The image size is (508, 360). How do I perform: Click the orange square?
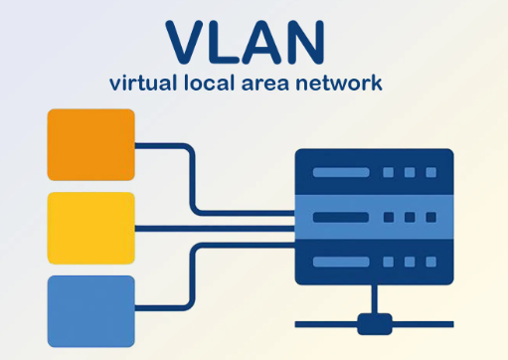(91, 144)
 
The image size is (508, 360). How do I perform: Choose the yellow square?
(91, 228)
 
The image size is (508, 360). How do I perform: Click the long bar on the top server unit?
(342, 173)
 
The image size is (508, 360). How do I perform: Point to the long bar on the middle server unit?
(342, 217)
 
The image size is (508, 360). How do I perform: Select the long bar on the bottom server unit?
(342, 263)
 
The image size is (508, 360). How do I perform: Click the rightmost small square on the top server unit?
(429, 173)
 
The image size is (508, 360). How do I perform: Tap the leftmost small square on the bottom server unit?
(390, 263)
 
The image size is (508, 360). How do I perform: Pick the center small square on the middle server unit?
(410, 217)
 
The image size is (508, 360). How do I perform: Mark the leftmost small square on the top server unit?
(390, 173)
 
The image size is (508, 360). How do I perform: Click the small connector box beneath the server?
(374, 323)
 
